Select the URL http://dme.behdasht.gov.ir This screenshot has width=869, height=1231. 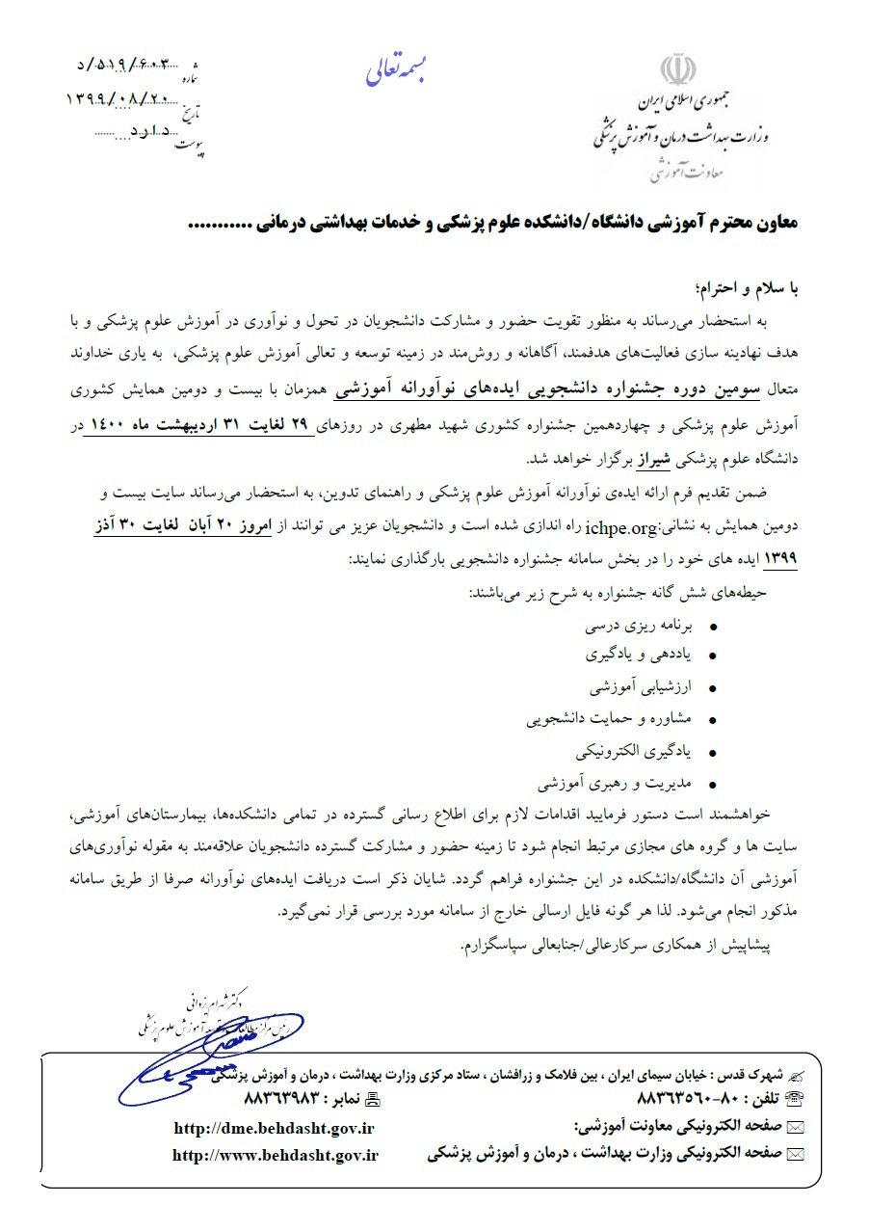click(274, 1127)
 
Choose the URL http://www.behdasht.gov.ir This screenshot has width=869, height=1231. click(276, 1154)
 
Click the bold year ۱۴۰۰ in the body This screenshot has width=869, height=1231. click(110, 426)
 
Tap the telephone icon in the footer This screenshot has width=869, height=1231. click(797, 1097)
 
